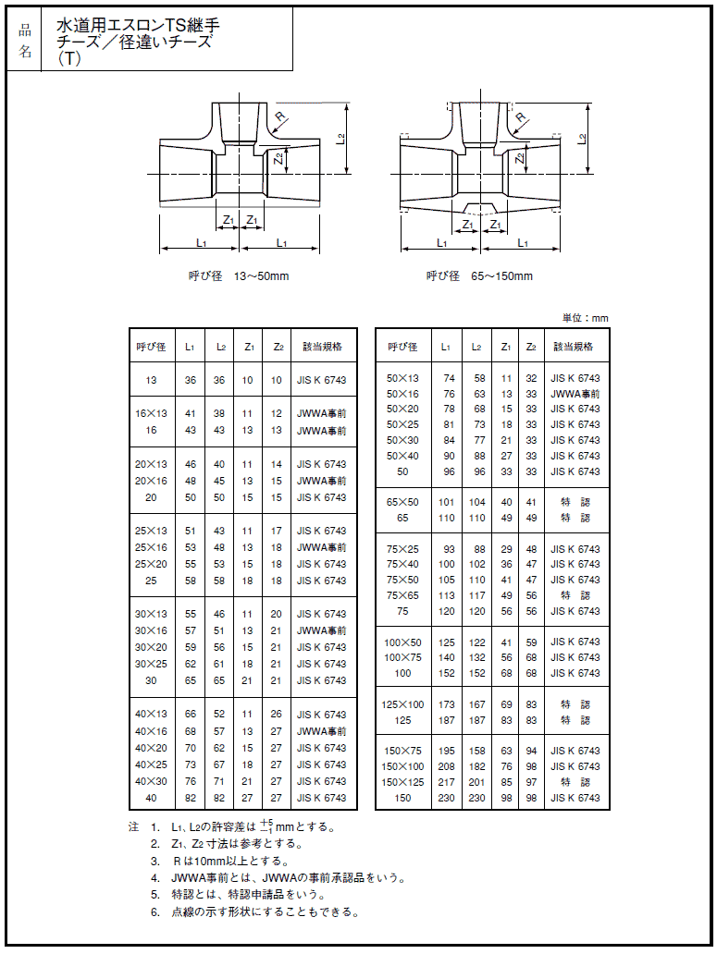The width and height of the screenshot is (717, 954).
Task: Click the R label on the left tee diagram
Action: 280,117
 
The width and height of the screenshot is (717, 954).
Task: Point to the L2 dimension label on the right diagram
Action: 581,139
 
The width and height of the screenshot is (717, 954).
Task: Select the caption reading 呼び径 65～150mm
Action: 479,275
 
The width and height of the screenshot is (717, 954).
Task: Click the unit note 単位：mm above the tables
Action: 586,318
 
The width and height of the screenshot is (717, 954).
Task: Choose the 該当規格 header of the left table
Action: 323,347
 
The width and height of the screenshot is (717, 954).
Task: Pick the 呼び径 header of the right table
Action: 402,347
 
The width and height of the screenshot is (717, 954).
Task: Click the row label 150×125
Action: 402,782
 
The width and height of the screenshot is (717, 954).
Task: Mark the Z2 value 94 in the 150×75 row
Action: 531,751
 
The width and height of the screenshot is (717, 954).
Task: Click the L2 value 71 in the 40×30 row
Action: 219,781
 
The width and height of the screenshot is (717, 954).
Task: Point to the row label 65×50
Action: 402,502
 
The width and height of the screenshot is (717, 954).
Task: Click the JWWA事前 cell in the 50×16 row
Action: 575,393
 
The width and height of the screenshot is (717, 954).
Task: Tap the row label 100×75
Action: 402,657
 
